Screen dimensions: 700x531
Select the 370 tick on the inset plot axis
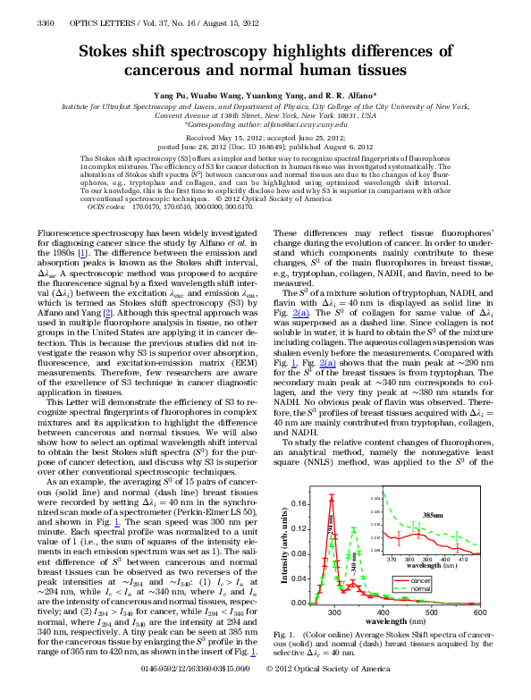[393, 557]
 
